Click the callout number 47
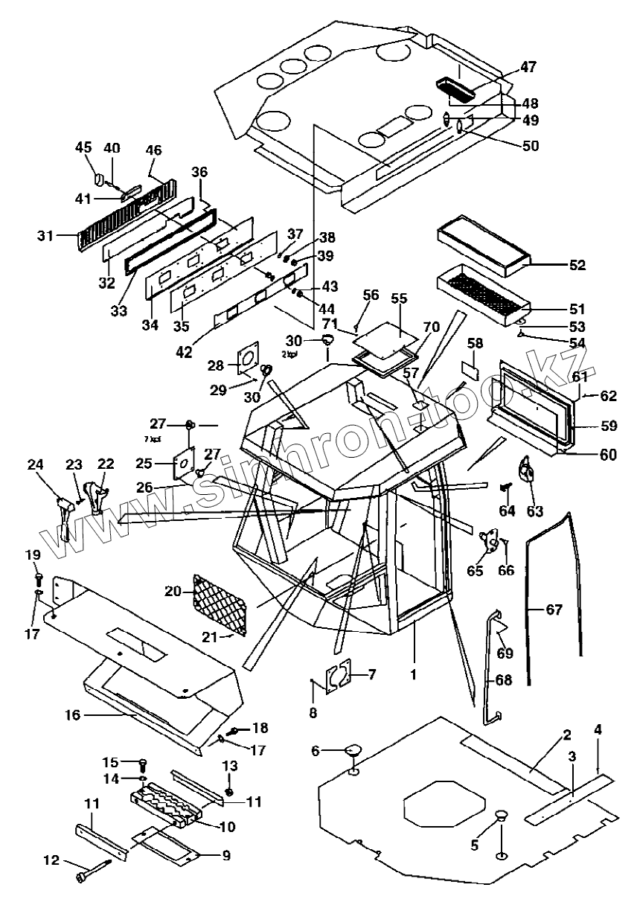pyautogui.click(x=527, y=67)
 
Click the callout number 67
pyautogui.click(x=554, y=610)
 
